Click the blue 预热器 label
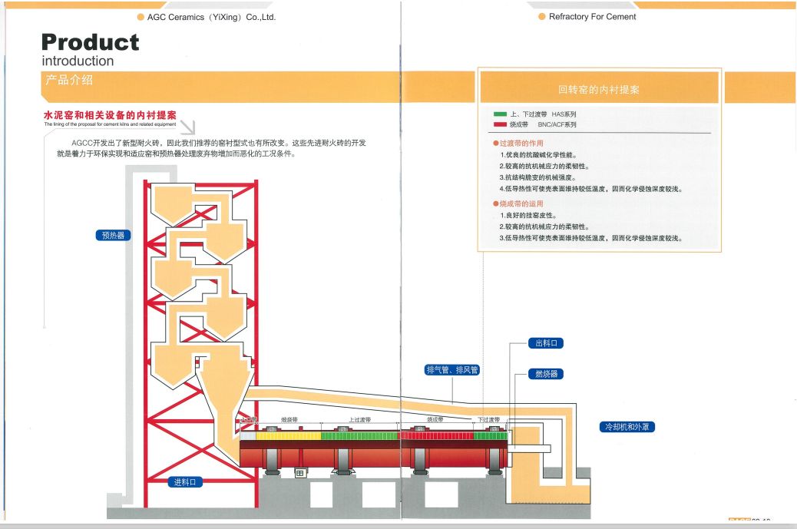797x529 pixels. tap(112, 236)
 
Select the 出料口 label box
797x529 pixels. tap(546, 343)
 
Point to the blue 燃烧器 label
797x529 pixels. tap(546, 374)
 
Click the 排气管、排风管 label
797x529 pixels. tap(452, 370)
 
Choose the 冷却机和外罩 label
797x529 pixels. tap(627, 427)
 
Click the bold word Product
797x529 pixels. tap(91, 42)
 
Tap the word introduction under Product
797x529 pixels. tap(78, 61)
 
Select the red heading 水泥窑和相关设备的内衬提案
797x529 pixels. tap(110, 114)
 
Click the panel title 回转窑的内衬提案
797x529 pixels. tap(598, 90)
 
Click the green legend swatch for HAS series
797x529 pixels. tap(501, 114)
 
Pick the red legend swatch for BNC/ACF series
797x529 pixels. tap(501, 124)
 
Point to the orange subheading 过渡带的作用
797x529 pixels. tap(521, 144)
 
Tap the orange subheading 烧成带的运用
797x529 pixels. tap(521, 203)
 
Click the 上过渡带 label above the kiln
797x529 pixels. tap(359, 420)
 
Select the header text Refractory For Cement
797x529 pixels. tap(592, 17)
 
